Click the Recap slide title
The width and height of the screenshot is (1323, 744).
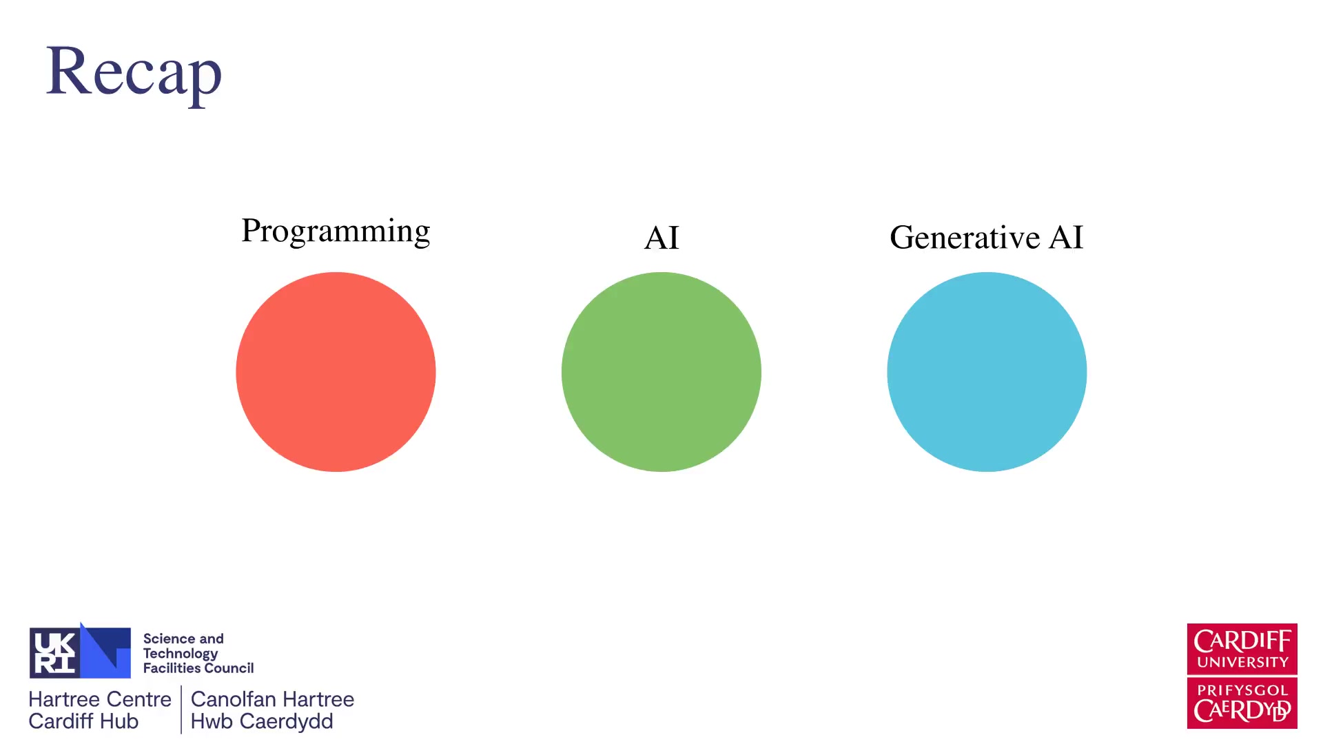(134, 72)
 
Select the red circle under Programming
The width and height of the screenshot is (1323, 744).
(336, 372)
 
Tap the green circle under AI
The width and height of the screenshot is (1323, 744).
(661, 372)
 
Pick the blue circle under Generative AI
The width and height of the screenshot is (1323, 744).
(987, 372)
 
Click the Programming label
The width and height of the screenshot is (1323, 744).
(336, 231)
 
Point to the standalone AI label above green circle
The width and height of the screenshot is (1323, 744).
(661, 238)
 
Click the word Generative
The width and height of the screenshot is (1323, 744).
(965, 238)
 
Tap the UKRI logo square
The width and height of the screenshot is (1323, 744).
(80, 652)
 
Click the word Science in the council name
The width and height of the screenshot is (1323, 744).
(169, 639)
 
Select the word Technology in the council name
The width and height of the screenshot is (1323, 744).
(181, 654)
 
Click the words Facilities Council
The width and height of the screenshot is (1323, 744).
(198, 668)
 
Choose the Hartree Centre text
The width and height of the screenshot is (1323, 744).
(100, 699)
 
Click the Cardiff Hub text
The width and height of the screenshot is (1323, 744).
(83, 721)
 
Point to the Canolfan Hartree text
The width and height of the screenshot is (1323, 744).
(272, 699)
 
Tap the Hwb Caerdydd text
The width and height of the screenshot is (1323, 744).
(262, 722)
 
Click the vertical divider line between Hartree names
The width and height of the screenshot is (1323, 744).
(181, 710)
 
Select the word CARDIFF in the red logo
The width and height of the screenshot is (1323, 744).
(1242, 641)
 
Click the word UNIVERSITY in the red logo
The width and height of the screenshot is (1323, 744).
(1242, 663)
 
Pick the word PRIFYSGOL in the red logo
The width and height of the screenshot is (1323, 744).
(1242, 690)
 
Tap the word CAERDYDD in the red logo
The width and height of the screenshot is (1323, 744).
(1242, 710)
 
